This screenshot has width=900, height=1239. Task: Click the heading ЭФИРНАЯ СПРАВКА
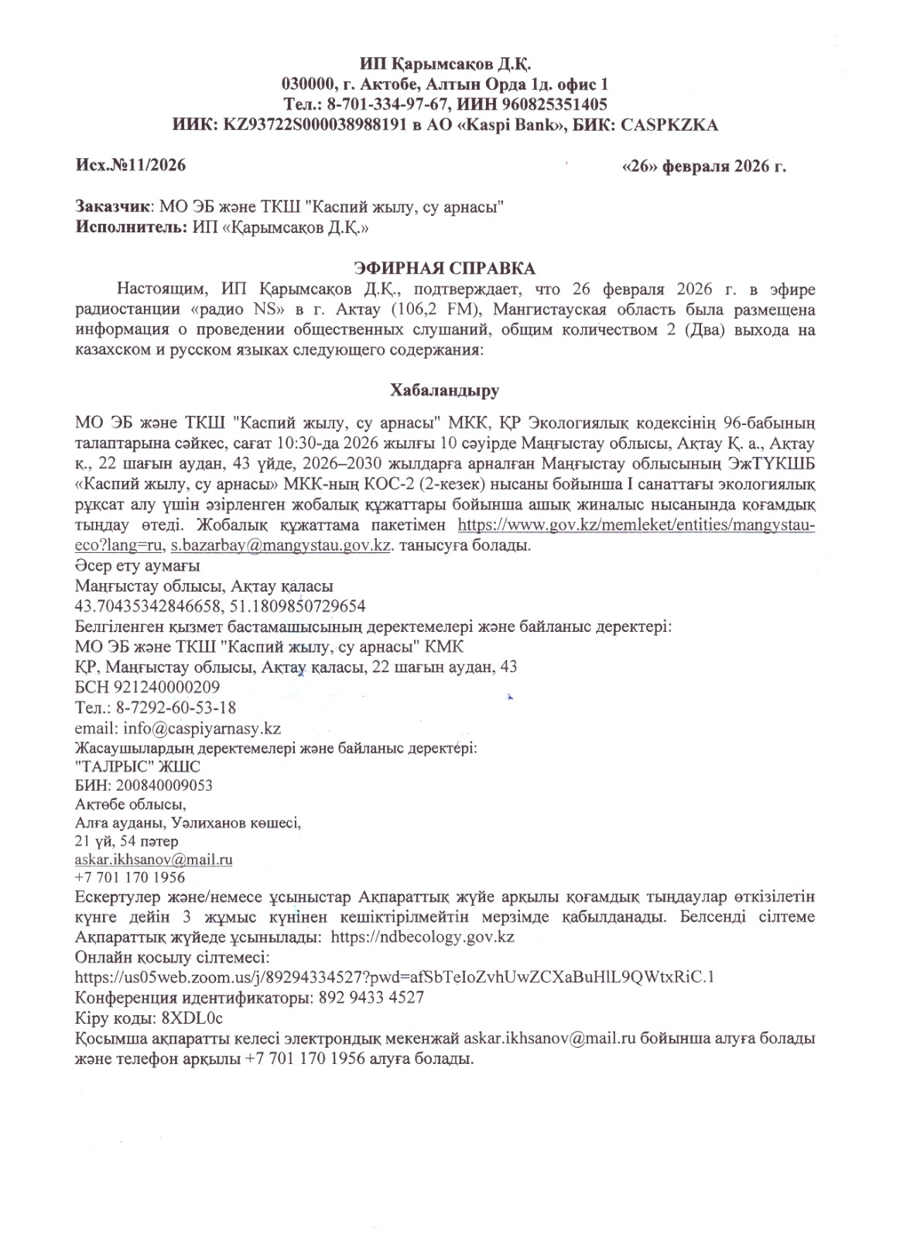pyautogui.click(x=444, y=269)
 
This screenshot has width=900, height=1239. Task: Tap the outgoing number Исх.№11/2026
pyautogui.click(x=131, y=165)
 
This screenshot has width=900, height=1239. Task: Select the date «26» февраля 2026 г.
pyautogui.click(x=703, y=166)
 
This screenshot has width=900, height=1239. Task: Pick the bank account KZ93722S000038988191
pyautogui.click(x=315, y=125)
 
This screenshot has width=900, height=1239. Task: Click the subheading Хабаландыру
pyautogui.click(x=444, y=390)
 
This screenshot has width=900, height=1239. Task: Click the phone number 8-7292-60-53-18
pyautogui.click(x=176, y=708)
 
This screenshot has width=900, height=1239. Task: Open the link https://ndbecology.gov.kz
pyautogui.click(x=423, y=937)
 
